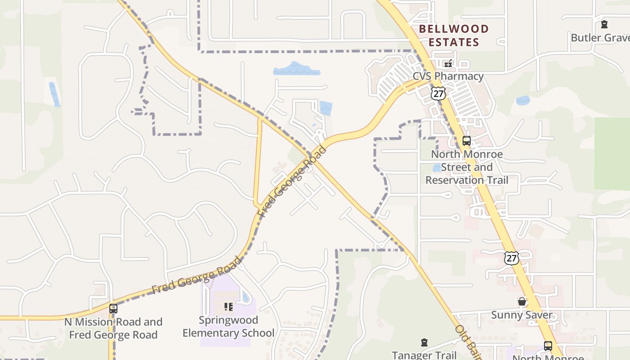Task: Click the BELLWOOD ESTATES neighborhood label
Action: point(453,36)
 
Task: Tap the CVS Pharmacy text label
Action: point(448,76)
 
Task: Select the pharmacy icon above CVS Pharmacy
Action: point(448,63)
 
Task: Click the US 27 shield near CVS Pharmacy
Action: point(437,93)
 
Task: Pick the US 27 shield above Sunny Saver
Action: point(512,258)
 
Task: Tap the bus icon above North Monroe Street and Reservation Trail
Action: point(467,141)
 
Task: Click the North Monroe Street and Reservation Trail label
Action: point(467,167)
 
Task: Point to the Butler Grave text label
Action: point(600,37)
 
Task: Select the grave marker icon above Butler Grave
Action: point(604,24)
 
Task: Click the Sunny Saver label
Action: point(522,315)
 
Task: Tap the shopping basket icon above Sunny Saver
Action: point(522,301)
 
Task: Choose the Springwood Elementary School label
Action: point(229,327)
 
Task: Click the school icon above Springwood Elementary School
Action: point(229,307)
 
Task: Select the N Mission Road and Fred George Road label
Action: point(113,328)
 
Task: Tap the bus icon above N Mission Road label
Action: point(113,309)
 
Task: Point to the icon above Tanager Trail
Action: point(424,343)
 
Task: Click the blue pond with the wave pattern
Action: point(297,69)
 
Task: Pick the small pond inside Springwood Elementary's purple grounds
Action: point(246,297)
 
